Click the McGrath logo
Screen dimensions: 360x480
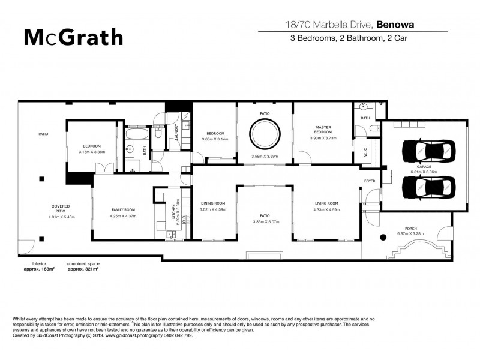point(73,37)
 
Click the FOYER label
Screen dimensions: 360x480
point(370,181)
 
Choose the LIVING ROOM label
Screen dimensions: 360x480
point(327,203)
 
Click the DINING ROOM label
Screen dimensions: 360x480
point(212,203)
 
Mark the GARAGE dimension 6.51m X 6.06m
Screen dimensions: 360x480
point(421,171)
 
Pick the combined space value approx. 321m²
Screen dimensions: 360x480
point(83,270)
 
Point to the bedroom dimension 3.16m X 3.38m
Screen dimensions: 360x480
point(92,152)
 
